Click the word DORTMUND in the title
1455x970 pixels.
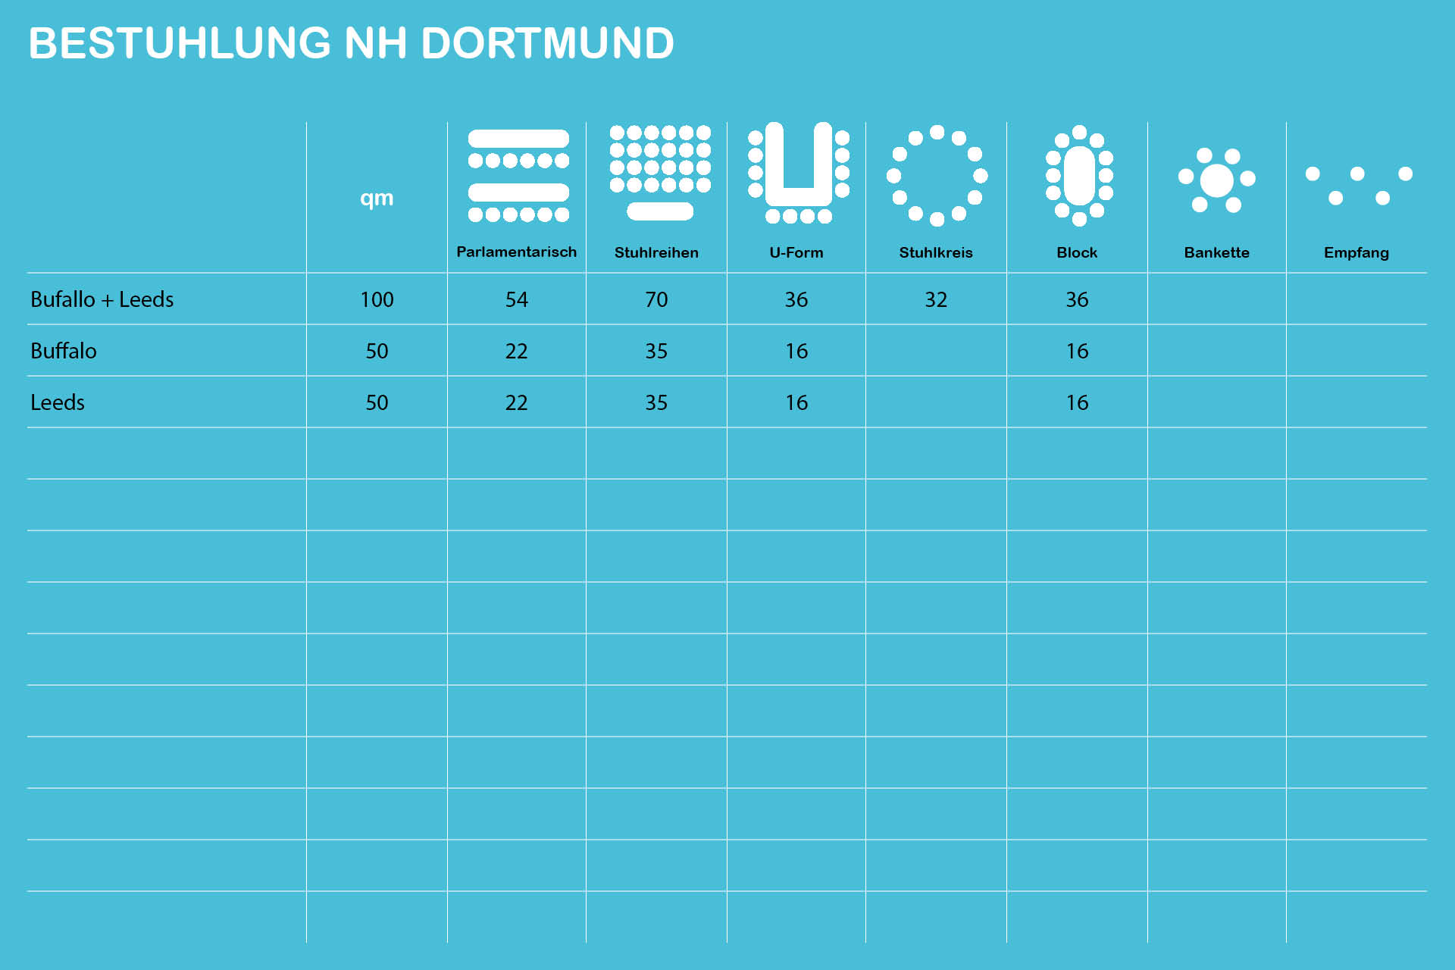[546, 43]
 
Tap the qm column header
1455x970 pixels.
[377, 199]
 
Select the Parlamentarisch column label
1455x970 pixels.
[516, 252]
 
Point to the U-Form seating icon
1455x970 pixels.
[798, 173]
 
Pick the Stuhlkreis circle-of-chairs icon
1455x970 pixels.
[937, 176]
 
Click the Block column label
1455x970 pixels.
[1077, 252]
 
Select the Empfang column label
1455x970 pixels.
[1356, 252]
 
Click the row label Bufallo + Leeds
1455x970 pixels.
[102, 300]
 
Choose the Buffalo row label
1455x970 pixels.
[64, 352]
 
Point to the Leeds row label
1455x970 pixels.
[58, 403]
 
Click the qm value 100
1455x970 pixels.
[377, 300]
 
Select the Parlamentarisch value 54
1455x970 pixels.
[516, 300]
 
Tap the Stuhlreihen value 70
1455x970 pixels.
[656, 300]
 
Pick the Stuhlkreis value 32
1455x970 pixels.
[936, 300]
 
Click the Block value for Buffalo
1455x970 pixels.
[1077, 352]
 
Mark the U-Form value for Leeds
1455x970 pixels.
[796, 403]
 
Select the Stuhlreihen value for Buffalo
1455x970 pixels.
[656, 352]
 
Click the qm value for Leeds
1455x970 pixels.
[377, 403]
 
